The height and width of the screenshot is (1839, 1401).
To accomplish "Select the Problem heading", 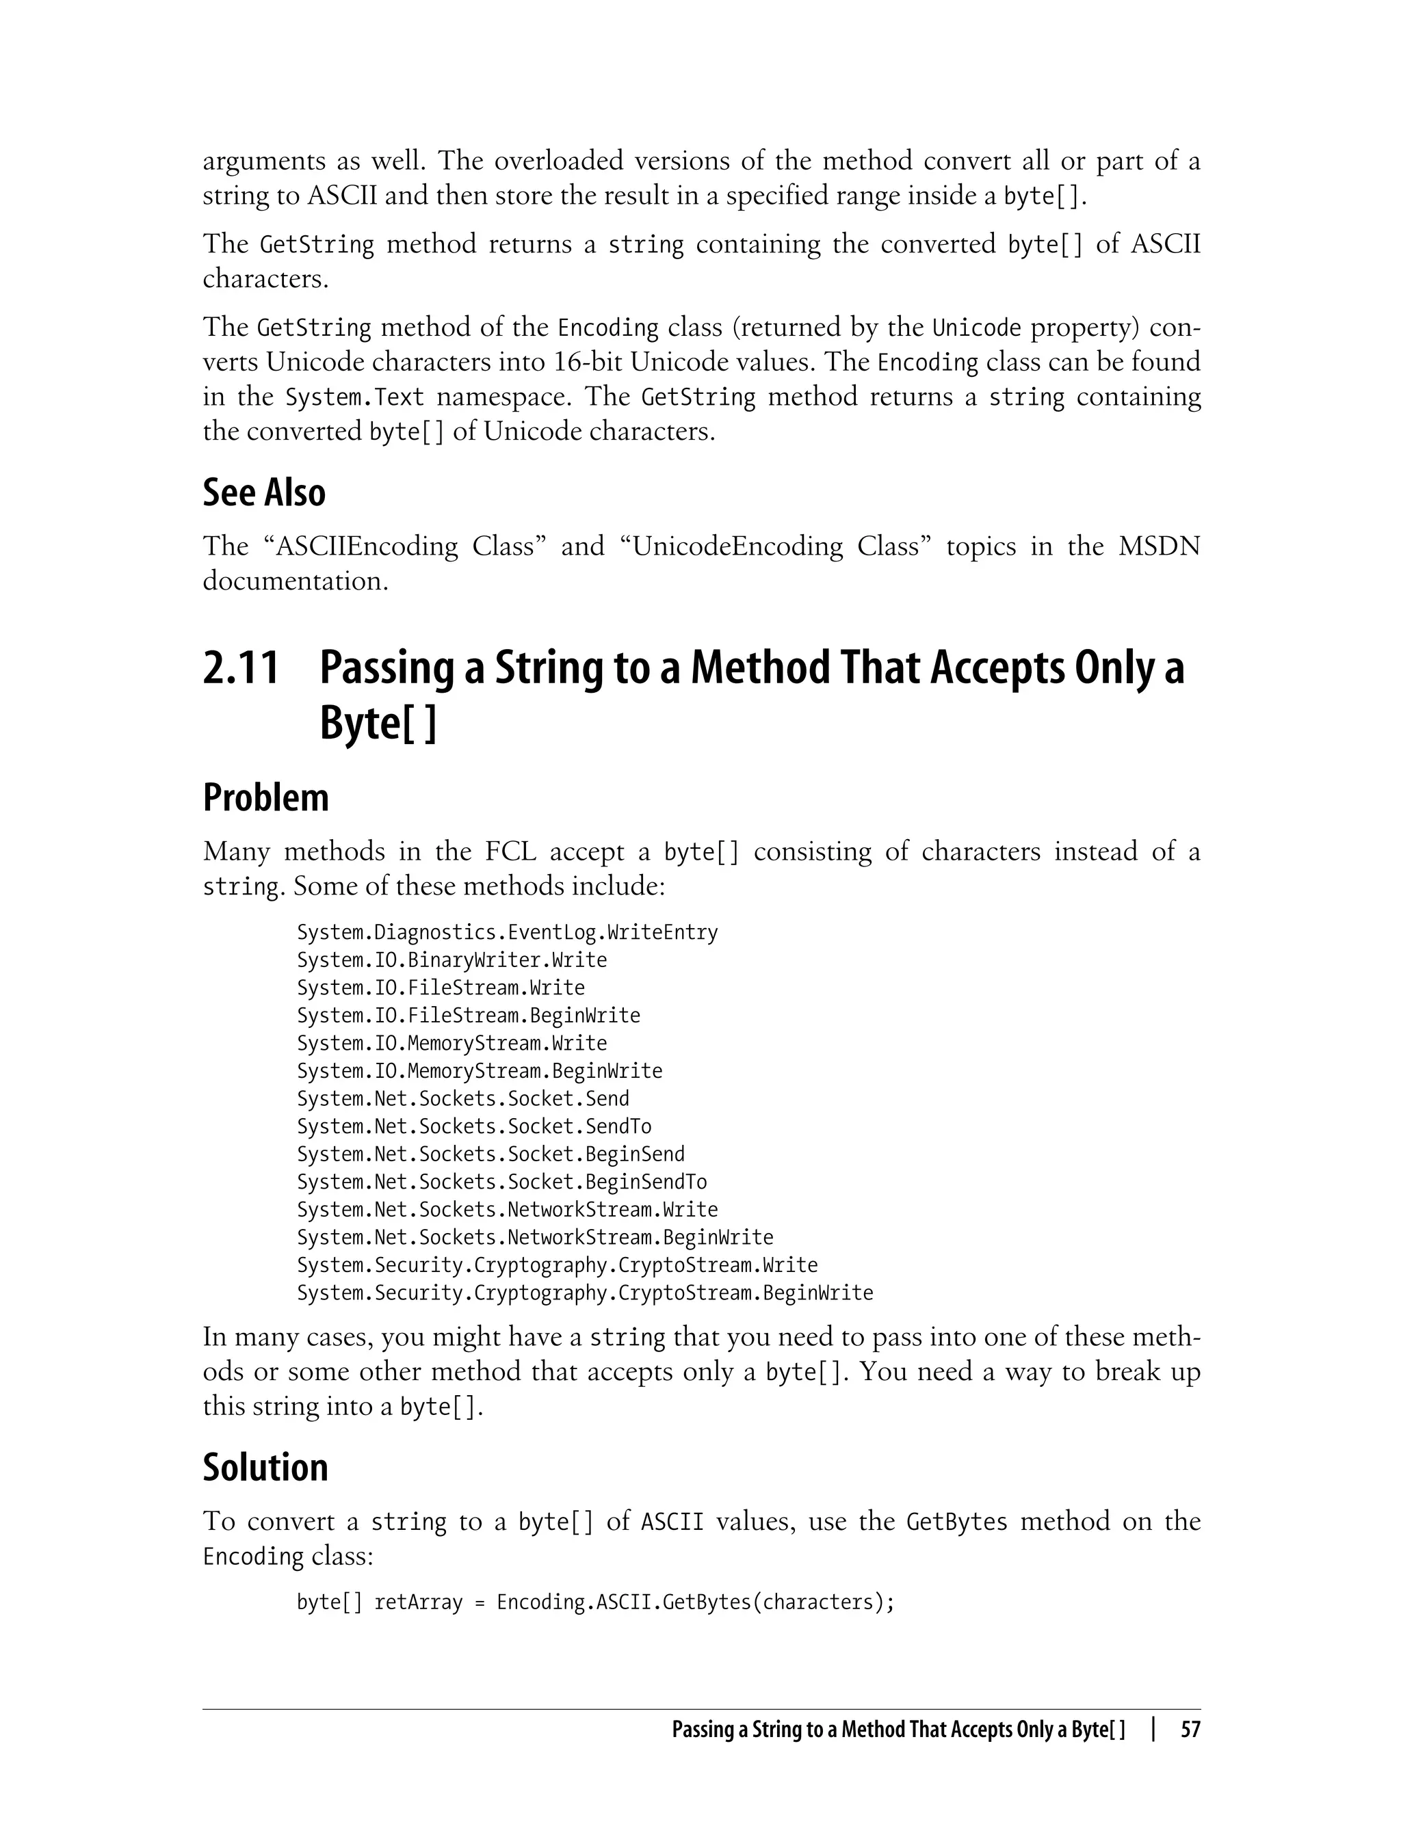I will (x=265, y=798).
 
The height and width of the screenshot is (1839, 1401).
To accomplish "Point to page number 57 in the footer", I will (x=1190, y=1730).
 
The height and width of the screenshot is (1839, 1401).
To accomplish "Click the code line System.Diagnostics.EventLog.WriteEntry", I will (x=507, y=932).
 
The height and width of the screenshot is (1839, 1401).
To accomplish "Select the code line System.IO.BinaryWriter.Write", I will (x=451, y=960).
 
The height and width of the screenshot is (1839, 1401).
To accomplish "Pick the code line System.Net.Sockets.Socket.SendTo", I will (x=473, y=1126).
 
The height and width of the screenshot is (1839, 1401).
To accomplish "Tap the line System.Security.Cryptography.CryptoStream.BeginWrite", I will (x=585, y=1293).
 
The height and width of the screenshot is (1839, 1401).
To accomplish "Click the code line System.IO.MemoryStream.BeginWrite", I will (x=480, y=1070).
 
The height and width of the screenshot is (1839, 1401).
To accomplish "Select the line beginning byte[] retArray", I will (x=594, y=1602).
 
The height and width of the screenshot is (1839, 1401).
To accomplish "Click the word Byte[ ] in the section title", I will (x=378, y=724).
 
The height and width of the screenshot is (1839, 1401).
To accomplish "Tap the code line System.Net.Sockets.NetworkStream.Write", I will (x=507, y=1210).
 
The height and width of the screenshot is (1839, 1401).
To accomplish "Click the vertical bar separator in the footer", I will (x=1153, y=1730).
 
